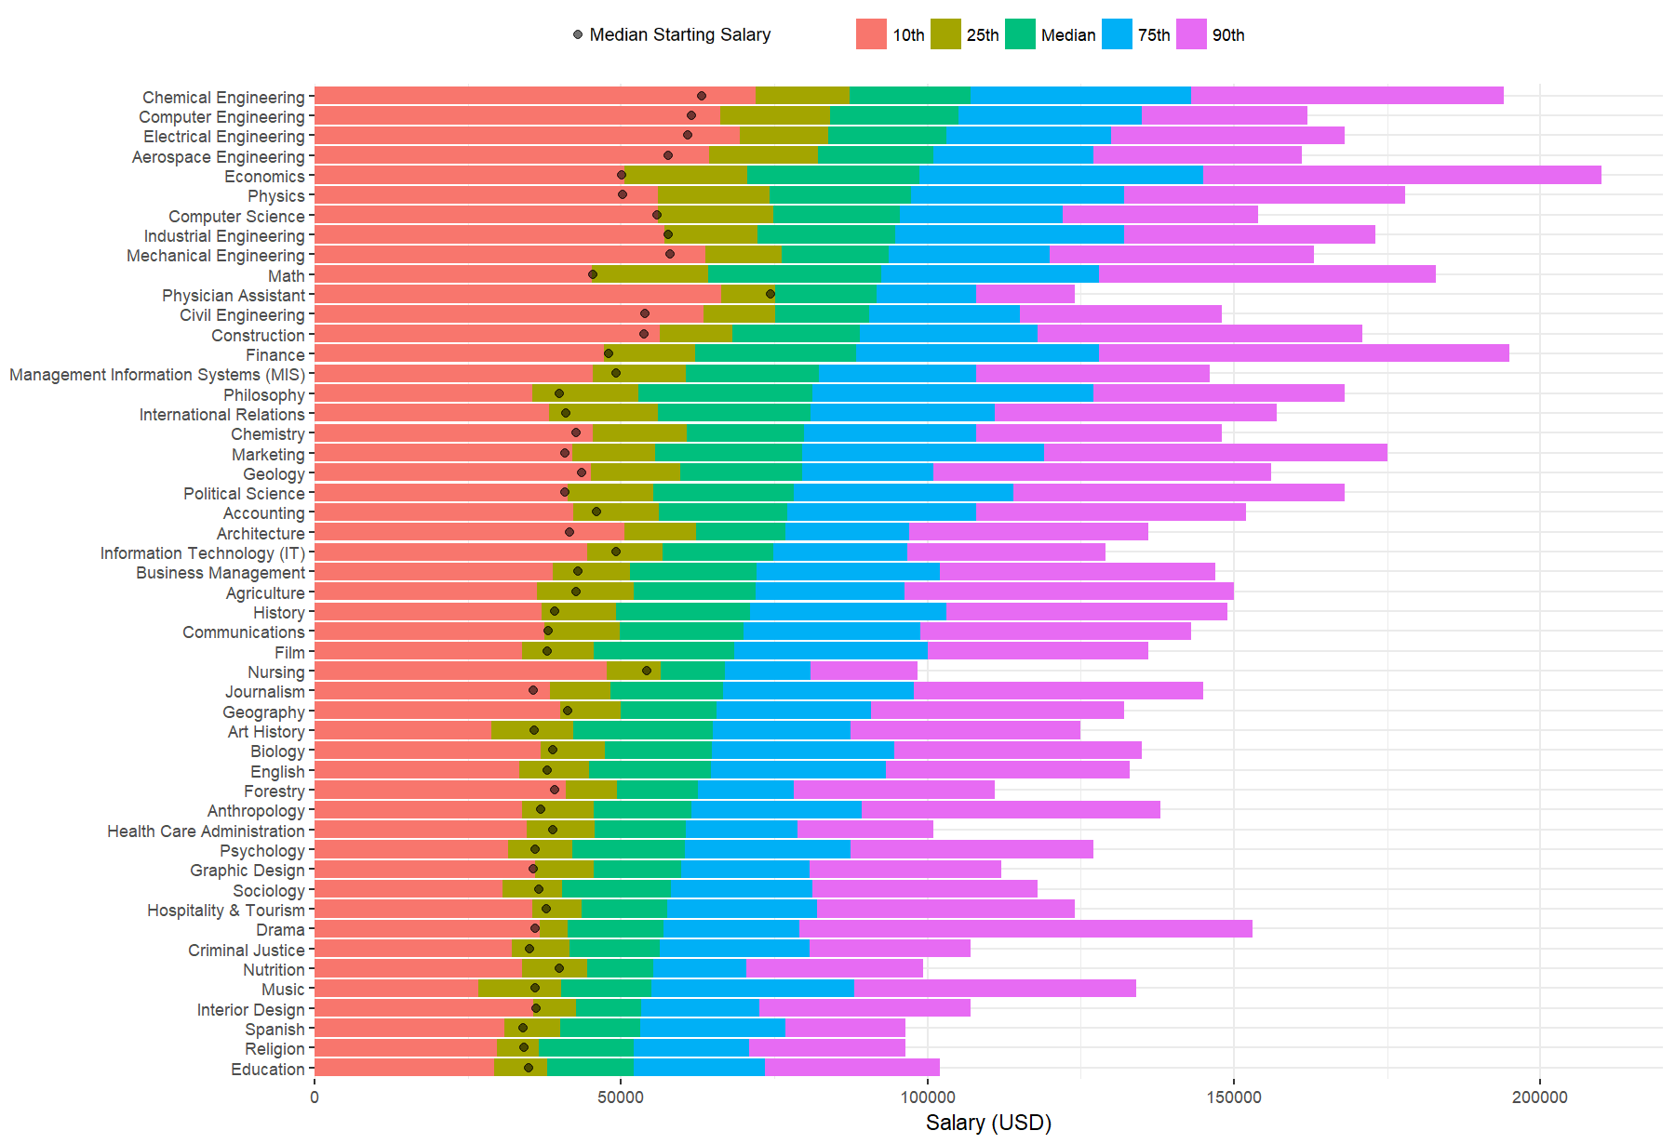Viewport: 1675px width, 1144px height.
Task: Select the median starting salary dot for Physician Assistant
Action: pos(770,294)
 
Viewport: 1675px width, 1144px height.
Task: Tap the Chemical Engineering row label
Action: pos(223,98)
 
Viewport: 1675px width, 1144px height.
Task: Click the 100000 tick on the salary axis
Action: pos(928,1097)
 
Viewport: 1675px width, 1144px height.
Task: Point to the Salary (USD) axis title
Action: pos(988,1123)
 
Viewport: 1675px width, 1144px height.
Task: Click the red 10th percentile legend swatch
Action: pos(871,34)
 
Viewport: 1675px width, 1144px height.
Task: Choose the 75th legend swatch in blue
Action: pos(1117,34)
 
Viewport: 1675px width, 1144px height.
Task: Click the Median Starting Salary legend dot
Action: pos(578,34)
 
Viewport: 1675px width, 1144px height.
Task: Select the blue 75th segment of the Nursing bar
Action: pos(768,671)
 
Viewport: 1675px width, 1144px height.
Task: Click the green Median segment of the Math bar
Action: pos(795,274)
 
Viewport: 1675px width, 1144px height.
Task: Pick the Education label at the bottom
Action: pos(267,1070)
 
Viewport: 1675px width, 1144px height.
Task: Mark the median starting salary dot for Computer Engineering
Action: pos(691,115)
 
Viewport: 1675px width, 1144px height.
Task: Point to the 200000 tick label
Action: pos(1539,1097)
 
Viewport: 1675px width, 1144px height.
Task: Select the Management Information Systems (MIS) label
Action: pos(157,375)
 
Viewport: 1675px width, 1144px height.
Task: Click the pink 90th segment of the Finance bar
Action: pos(1303,353)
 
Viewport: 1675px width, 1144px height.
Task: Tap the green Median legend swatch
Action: pos(1020,34)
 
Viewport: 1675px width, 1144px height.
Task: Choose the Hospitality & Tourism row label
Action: pos(225,911)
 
